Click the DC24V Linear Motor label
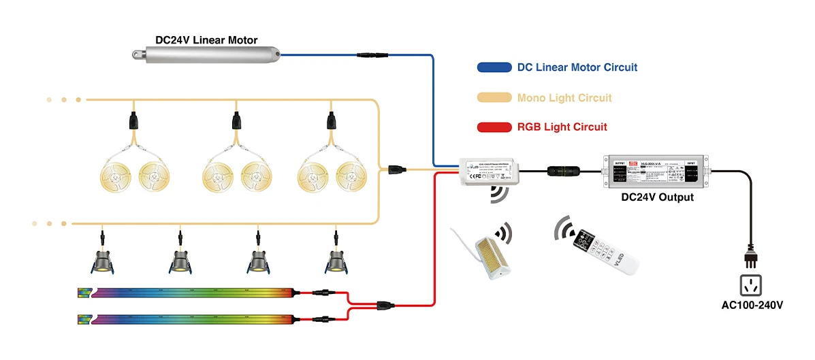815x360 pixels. point(206,39)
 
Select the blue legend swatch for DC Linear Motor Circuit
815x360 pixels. point(494,67)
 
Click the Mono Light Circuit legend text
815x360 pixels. point(564,97)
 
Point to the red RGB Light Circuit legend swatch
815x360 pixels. point(494,127)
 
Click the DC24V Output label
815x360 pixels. point(657,197)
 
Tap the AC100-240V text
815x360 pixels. point(752,304)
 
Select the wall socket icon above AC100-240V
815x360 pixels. point(751,283)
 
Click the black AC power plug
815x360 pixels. point(751,256)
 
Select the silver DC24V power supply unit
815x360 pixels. point(657,171)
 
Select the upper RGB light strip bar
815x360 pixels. point(187,293)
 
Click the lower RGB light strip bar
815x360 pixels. point(187,318)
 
